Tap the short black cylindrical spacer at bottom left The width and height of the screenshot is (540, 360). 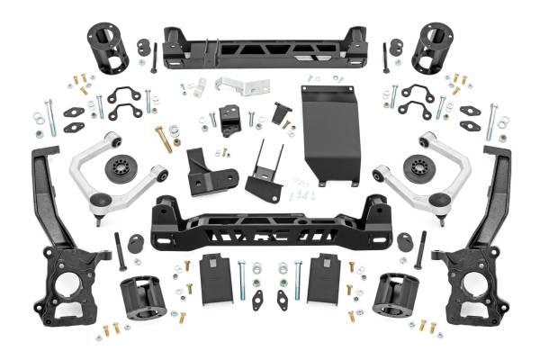pos(142,298)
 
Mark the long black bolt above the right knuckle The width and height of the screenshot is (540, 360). pos(419,251)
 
